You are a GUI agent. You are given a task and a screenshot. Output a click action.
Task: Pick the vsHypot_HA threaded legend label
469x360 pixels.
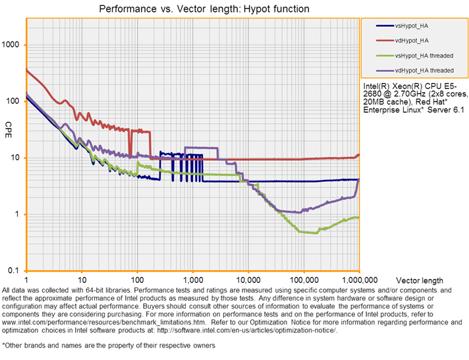[423, 55]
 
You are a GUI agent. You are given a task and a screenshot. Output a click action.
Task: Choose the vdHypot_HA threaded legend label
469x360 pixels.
[423, 69]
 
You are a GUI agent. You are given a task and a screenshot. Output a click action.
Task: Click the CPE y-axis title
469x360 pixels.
[9, 125]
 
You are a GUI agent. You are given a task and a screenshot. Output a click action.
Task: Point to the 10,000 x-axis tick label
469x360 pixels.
[248, 280]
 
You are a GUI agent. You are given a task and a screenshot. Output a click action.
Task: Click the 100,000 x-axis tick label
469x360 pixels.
[303, 280]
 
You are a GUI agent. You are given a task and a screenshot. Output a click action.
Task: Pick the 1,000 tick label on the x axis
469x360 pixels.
[193, 280]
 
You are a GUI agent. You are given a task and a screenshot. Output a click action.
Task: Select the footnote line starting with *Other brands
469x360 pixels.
[109, 345]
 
